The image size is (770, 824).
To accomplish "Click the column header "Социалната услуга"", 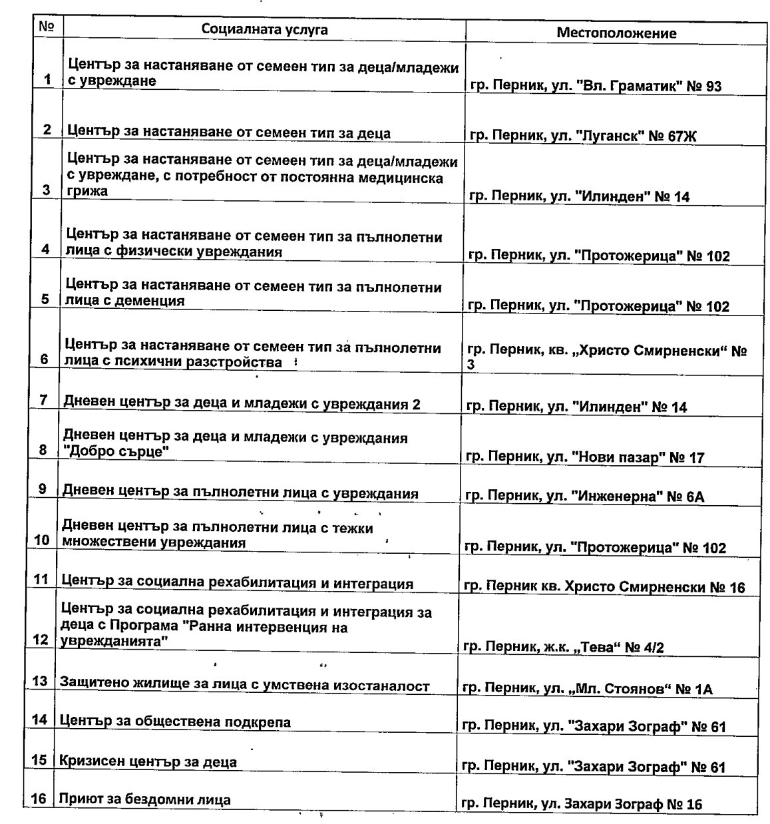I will pos(265,30).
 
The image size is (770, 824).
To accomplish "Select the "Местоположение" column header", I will pos(616,33).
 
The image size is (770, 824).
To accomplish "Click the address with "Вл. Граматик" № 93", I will pos(596,87).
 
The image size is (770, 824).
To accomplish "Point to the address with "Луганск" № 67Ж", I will pos(583,136).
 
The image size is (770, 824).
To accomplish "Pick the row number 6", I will pos(45,359).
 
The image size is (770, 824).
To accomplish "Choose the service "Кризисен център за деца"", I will pos(148,761).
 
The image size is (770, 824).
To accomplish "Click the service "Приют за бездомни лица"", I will pos(144,799).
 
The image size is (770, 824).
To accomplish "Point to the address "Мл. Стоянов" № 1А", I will pos(588,689).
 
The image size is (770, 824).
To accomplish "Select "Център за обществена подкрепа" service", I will pos(175,722).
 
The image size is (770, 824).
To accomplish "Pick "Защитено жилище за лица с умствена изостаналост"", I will pos(244,685).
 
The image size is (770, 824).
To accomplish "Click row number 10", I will pos(42,540).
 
